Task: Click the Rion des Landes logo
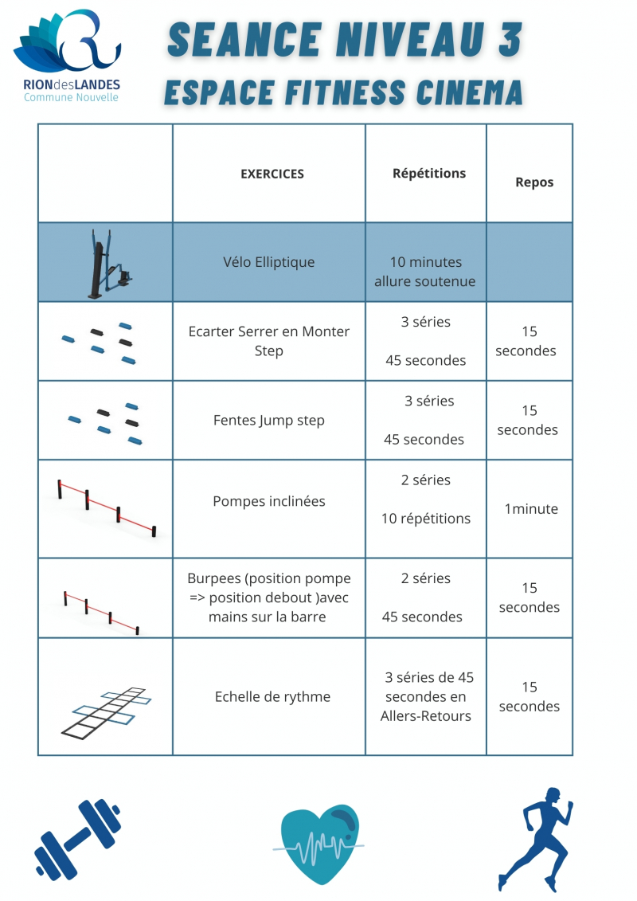coord(67,56)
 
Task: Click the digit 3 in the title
coord(510,40)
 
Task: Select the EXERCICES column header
coord(272,174)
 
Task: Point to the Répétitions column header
coord(429,173)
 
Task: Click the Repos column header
coord(534,182)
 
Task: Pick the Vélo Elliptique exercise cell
coord(269,262)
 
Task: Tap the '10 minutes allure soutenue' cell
coord(425,272)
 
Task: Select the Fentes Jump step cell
coord(269,420)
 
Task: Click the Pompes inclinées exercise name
coord(269,501)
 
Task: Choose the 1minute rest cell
coord(531,509)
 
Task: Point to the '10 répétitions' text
coord(426,519)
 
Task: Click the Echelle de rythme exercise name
coord(272,696)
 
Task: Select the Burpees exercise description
coord(269,597)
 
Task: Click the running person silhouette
coord(534,837)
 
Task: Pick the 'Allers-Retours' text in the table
coord(426,715)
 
